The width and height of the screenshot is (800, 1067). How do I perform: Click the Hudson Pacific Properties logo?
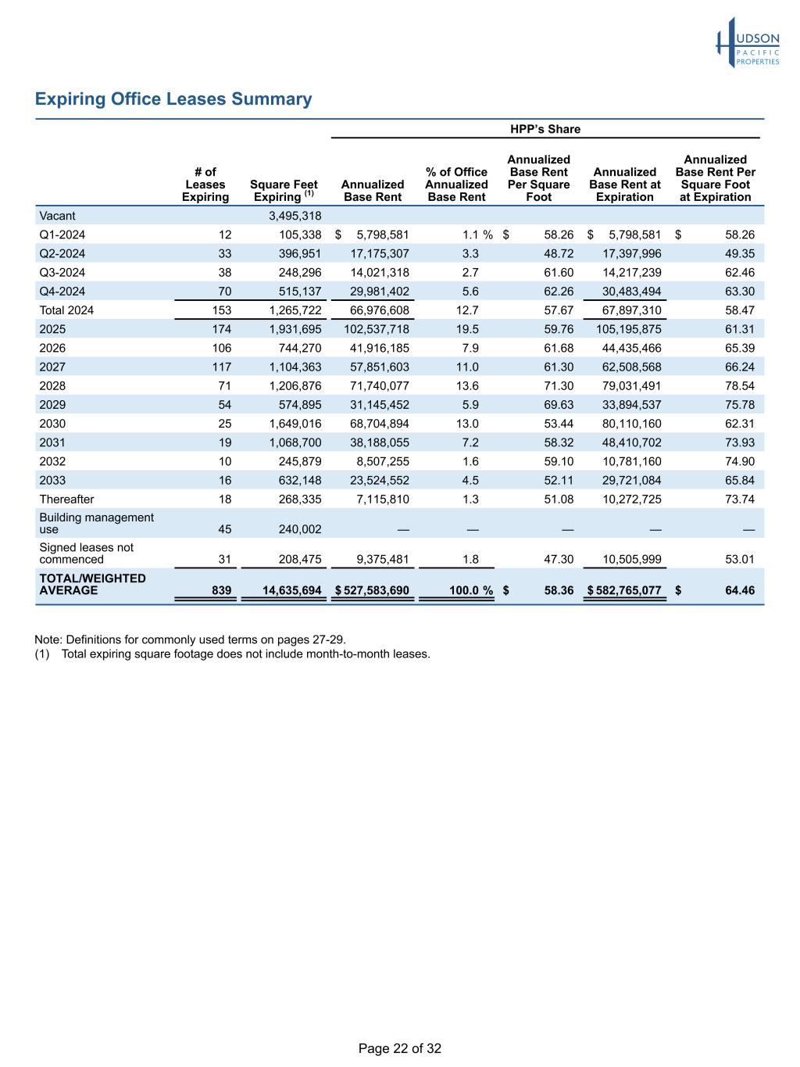pos(748,43)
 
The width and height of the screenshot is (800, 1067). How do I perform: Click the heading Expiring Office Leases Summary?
pos(173,99)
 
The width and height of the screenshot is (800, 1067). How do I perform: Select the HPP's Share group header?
pos(545,129)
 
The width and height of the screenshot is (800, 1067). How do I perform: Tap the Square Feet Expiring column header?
pos(284,191)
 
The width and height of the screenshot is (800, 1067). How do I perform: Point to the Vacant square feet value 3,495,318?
pos(289,216)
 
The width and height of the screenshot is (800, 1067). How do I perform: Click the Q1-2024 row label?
pos(62,235)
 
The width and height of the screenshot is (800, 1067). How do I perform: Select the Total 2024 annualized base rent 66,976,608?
pos(373,310)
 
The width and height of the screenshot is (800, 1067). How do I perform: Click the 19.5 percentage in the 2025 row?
pos(470,329)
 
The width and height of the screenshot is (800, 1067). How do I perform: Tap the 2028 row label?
pos(52,385)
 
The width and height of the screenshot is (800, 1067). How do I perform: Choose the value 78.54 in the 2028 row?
pos(740,385)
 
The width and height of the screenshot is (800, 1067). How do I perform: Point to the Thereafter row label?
pos(66,499)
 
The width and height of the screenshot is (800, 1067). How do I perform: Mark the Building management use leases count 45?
pos(224,529)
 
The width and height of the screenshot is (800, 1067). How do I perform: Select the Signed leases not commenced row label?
pos(86,553)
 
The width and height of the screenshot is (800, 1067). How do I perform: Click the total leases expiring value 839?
pos(221,590)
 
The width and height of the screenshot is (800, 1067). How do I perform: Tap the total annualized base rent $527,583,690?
pos(372,590)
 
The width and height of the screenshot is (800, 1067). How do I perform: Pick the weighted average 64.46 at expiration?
pos(738,590)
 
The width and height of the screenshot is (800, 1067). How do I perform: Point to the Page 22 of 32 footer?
pos(400,1048)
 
